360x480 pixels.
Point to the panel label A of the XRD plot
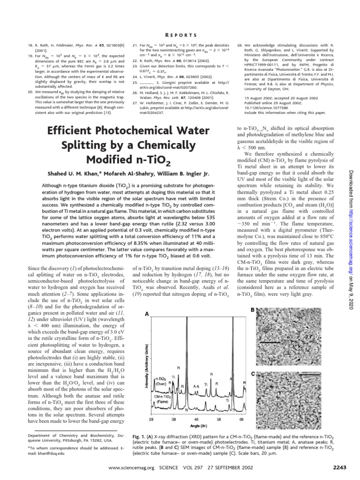tap(148, 314)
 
